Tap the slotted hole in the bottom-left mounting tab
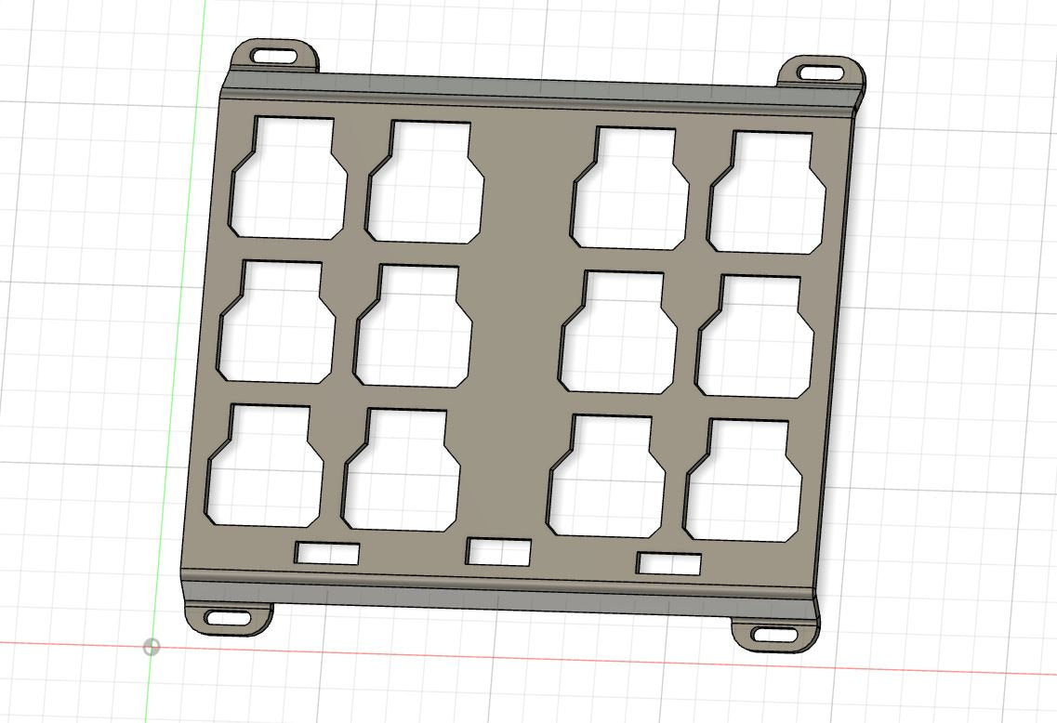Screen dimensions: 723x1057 coord(228,617)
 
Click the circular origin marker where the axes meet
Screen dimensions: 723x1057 coord(152,647)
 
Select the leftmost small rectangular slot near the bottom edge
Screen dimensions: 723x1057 coord(327,553)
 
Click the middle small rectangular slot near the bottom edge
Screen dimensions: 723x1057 coord(498,552)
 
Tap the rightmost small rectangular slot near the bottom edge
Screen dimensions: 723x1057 coord(669,563)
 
